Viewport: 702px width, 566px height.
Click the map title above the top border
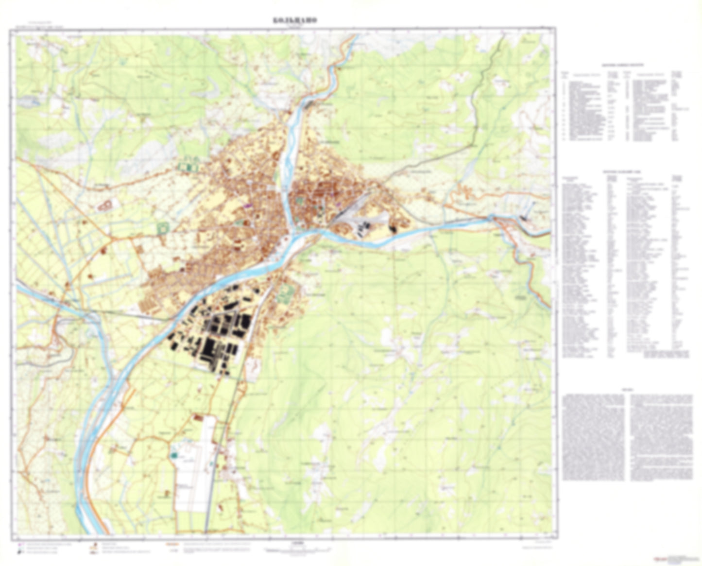[294, 20]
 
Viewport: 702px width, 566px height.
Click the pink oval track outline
[104, 206]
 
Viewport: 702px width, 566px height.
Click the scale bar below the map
[296, 550]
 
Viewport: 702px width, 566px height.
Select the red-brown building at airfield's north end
[198, 417]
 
